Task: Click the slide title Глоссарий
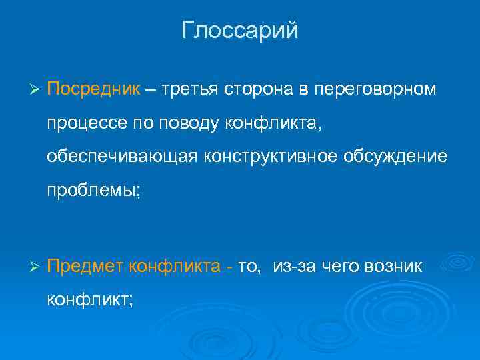coord(240,31)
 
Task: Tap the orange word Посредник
coord(93,89)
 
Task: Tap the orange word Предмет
coord(85,267)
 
